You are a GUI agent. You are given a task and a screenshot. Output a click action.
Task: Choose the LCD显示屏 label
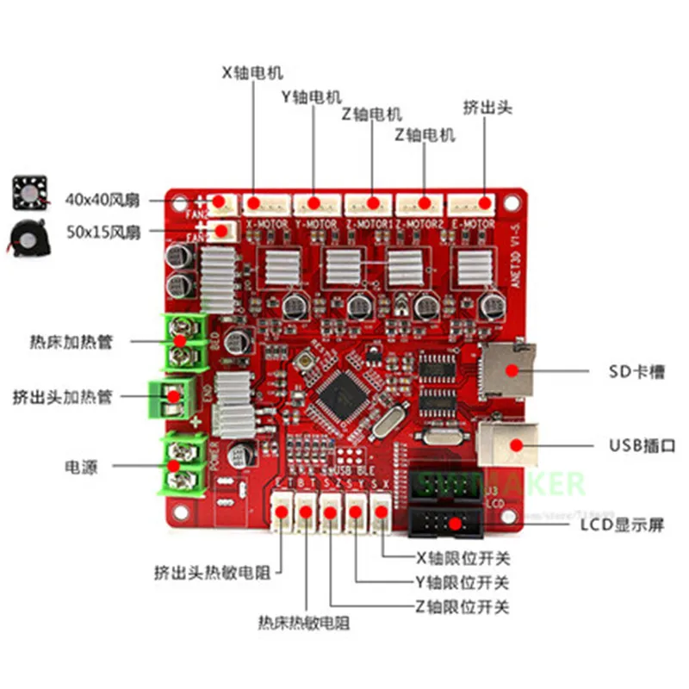[x=622, y=525]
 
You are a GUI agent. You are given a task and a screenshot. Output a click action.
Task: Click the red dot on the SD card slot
[x=512, y=371]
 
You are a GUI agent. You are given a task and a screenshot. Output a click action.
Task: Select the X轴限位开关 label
[x=450, y=557]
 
